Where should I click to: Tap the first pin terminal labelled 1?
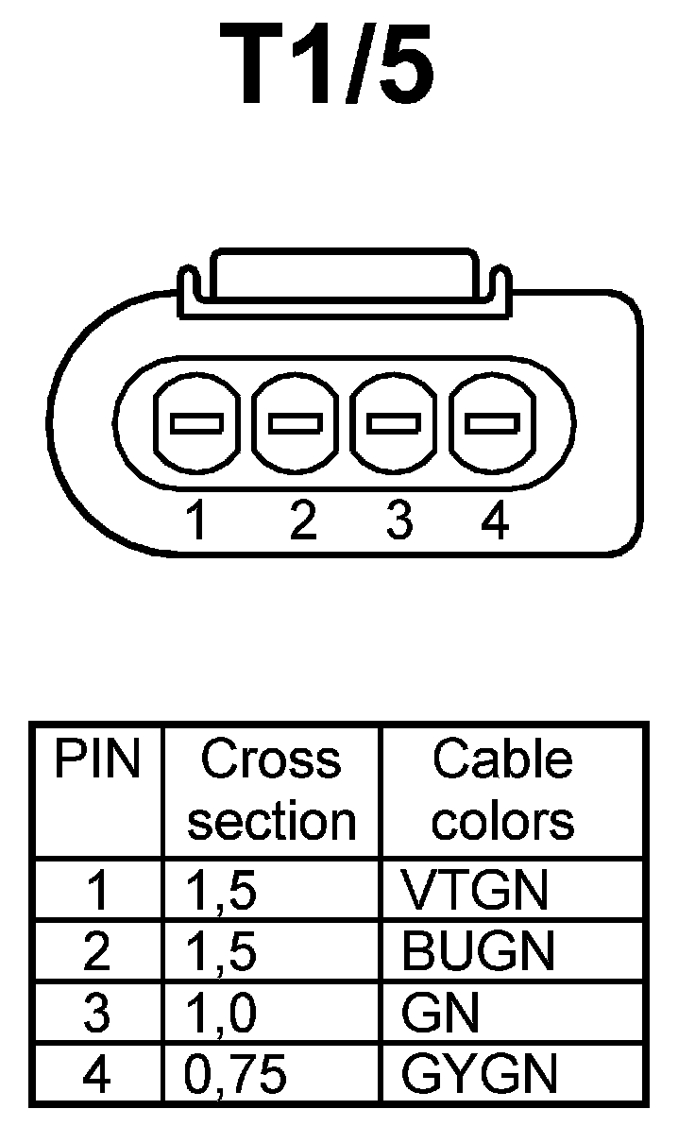[197, 424]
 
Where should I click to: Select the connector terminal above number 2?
[296, 424]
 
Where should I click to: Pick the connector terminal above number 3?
[394, 424]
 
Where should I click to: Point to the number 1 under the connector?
[196, 521]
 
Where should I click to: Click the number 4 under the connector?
[495, 521]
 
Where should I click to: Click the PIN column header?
[97, 760]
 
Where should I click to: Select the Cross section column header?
[271, 791]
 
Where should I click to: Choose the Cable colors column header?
[503, 791]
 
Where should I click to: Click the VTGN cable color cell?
[475, 890]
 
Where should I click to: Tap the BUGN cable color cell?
[478, 952]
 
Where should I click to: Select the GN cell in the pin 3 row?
[440, 1014]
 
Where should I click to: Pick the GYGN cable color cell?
[480, 1074]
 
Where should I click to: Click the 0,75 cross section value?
[233, 1074]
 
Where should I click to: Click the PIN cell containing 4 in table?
[97, 1074]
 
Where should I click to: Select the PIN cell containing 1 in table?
[97, 890]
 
